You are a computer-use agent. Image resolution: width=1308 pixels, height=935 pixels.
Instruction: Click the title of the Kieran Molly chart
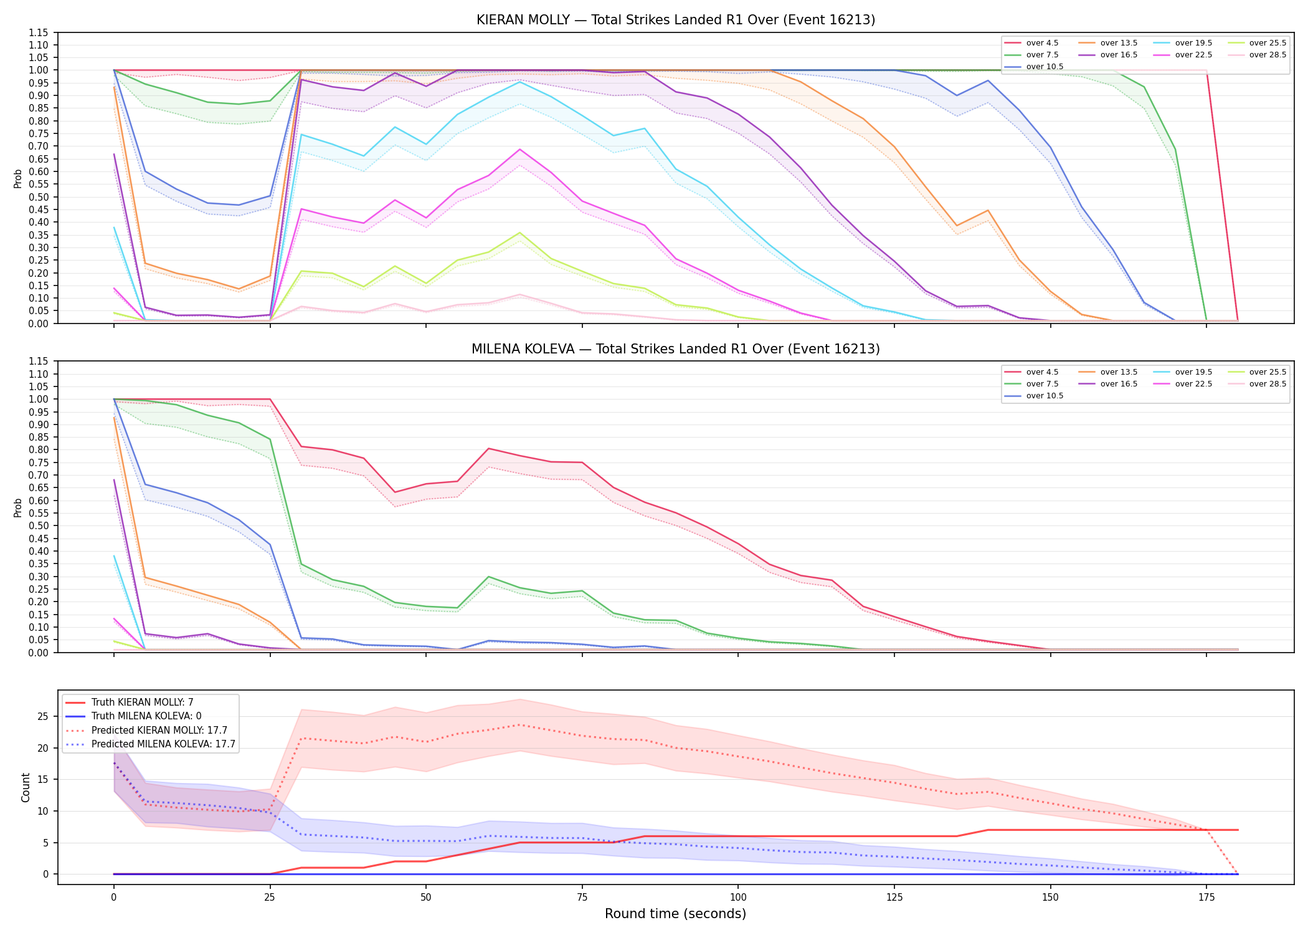[x=676, y=20]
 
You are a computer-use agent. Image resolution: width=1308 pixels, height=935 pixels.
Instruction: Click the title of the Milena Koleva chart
[x=676, y=349]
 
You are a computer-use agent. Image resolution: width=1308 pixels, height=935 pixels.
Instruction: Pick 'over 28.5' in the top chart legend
[x=1268, y=55]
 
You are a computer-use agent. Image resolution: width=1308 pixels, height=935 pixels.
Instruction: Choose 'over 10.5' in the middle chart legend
[x=1045, y=396]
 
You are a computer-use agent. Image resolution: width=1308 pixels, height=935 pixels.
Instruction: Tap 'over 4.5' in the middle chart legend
[x=1042, y=372]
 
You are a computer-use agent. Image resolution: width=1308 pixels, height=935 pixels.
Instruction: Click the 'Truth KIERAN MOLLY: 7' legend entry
[x=143, y=702]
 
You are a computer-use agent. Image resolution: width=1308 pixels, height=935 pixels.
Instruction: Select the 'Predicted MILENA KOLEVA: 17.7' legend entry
[x=163, y=744]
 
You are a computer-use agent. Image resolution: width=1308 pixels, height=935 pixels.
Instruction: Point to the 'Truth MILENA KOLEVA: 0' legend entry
[x=146, y=716]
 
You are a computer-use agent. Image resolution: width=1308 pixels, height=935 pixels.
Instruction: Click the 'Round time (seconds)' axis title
[x=676, y=914]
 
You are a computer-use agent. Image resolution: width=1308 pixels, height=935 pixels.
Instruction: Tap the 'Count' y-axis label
[x=26, y=787]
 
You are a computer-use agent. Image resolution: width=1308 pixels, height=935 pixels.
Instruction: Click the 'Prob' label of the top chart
[x=18, y=178]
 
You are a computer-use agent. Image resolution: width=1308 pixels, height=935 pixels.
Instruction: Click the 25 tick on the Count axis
[x=43, y=716]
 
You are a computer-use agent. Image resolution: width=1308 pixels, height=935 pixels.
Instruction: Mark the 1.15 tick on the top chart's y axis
[x=39, y=32]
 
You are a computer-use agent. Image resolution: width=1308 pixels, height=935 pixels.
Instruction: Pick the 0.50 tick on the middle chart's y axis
[x=39, y=525]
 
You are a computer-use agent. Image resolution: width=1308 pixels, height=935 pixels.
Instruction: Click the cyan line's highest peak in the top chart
[x=519, y=82]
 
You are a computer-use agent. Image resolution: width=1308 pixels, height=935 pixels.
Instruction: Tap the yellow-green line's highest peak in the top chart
[x=519, y=233]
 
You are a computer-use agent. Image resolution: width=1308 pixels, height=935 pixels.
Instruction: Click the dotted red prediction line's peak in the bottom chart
[x=519, y=724]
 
